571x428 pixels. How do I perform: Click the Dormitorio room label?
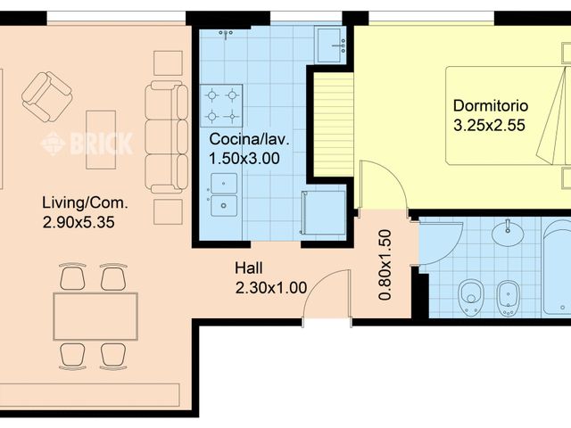(491, 106)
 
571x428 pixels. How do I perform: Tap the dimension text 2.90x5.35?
(79, 222)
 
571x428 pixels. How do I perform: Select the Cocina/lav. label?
(250, 139)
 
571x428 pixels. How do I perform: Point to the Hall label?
(249, 268)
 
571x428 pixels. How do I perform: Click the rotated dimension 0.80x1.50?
(385, 265)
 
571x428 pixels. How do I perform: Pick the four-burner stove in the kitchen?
(221, 105)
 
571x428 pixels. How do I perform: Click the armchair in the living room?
(46, 97)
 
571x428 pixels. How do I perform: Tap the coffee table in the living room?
(101, 140)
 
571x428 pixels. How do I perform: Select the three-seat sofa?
(167, 136)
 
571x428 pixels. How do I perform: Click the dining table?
(95, 317)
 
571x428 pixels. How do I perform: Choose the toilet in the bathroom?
(471, 297)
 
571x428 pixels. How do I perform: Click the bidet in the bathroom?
(509, 298)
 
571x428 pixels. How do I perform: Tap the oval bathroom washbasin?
(508, 233)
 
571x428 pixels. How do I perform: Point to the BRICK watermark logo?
(87, 144)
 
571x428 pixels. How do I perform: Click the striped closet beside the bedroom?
(334, 125)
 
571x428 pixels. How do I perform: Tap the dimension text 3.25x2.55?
(489, 125)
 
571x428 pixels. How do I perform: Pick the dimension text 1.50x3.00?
(244, 159)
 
